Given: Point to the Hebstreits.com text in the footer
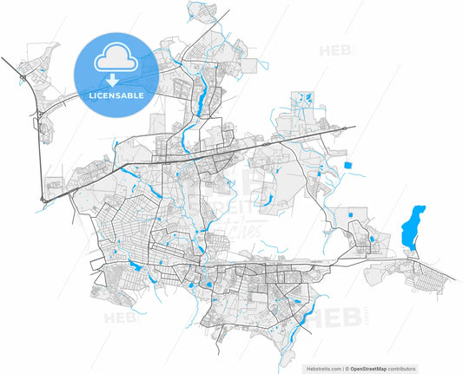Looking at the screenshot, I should (325, 369).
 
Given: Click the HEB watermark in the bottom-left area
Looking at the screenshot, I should (122, 318).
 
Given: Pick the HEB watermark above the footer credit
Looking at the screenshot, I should (334, 318).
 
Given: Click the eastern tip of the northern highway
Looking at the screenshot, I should (354, 128).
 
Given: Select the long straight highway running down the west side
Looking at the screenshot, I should (40, 156).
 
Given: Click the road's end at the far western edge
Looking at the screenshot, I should (2, 59).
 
